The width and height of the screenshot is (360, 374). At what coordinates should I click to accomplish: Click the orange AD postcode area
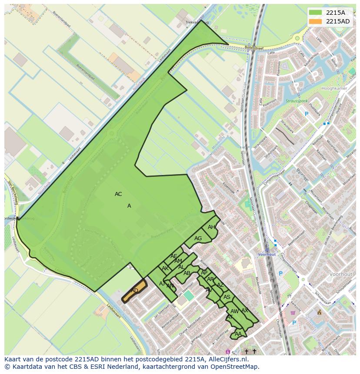tap(134, 291)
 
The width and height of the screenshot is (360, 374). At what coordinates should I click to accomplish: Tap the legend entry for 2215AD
tap(337, 21)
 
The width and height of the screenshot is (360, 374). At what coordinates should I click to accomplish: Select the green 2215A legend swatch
tap(316, 13)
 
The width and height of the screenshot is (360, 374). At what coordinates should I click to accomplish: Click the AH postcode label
tap(211, 227)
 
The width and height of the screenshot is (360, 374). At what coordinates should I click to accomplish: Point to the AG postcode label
tap(198, 238)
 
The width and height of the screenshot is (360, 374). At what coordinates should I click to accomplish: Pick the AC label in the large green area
tap(118, 194)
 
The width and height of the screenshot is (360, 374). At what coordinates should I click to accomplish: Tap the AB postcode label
tap(187, 273)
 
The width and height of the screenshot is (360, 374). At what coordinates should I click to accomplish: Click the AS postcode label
tap(227, 297)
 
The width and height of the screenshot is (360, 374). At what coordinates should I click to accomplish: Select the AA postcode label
tap(238, 334)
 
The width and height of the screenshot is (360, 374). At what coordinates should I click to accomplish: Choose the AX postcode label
tap(245, 311)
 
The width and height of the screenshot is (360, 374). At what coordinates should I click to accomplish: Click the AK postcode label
tap(165, 268)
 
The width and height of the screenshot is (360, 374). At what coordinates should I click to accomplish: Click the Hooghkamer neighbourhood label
tap(334, 89)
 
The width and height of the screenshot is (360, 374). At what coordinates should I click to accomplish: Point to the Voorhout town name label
tap(340, 275)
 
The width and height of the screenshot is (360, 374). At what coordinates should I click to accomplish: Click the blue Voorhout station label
tap(267, 254)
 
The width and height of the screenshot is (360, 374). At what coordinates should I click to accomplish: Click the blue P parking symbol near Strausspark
tap(306, 114)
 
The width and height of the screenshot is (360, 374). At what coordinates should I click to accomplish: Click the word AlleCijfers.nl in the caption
tap(227, 359)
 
